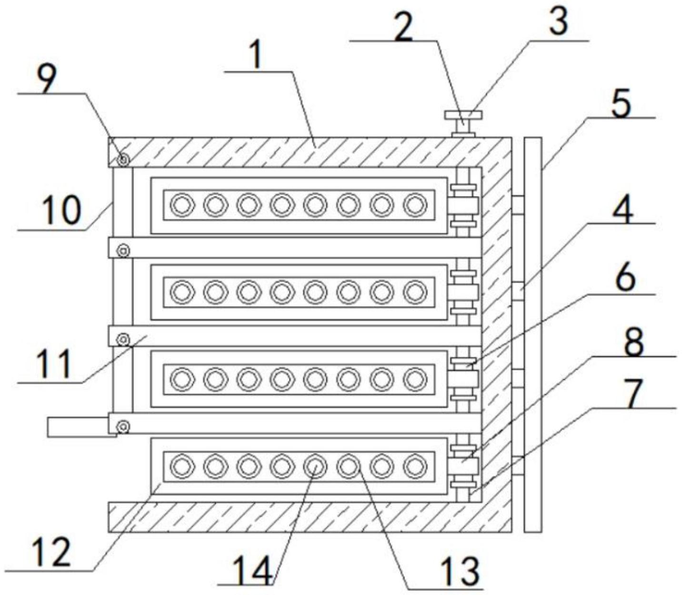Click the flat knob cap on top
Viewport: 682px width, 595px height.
tap(463, 115)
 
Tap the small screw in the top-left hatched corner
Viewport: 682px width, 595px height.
tap(124, 159)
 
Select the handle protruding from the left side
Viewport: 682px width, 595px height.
tap(82, 427)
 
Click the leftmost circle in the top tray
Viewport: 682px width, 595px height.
tap(182, 205)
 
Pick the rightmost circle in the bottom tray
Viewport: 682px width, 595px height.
tap(415, 466)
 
